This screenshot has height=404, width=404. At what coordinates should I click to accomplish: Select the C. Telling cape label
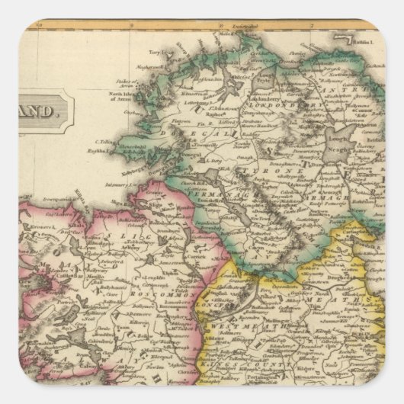pyautogui.click(x=103, y=142)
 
